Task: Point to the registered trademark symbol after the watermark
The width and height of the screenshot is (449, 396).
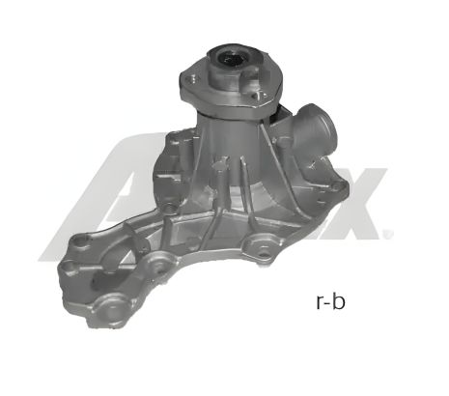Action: (388, 234)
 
